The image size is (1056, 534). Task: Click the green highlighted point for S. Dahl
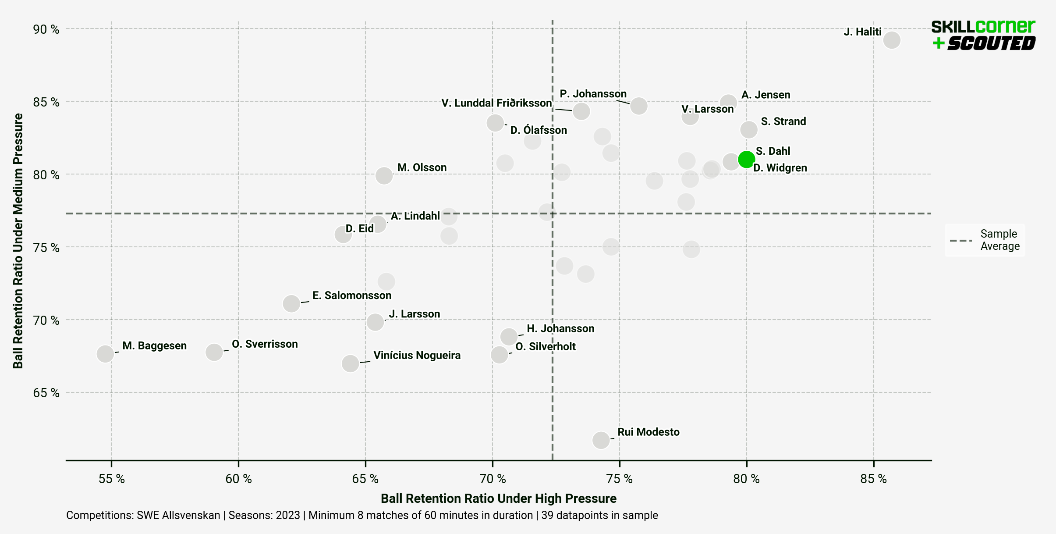(746, 159)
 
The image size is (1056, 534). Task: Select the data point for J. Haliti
(892, 40)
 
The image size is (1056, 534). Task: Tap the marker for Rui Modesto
(601, 440)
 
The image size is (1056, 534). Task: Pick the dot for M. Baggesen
(105, 353)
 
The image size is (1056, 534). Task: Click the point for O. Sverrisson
(214, 352)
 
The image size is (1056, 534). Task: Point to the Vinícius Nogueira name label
(417, 355)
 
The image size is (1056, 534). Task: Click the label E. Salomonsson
(351, 295)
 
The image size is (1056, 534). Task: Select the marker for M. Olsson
(384, 176)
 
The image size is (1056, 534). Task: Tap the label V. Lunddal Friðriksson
(496, 103)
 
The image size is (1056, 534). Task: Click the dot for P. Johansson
(639, 106)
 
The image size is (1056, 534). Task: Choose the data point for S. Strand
(749, 129)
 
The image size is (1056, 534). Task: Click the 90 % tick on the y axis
(46, 29)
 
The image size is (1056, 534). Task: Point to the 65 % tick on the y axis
(46, 392)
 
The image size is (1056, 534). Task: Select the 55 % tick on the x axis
(111, 479)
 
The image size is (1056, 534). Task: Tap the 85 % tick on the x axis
(873, 479)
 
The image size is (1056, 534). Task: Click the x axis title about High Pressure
(498, 498)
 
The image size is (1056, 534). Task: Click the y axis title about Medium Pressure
(18, 241)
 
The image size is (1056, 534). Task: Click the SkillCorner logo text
(983, 27)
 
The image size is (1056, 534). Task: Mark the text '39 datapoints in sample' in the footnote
(599, 515)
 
